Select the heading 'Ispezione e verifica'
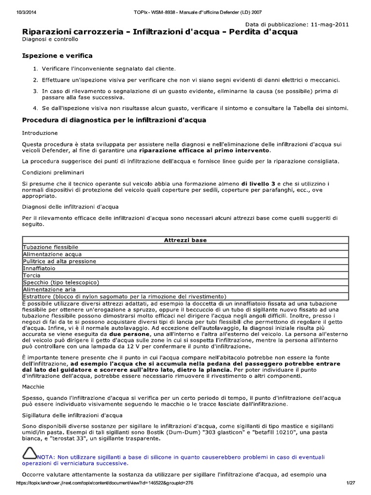pyautogui.click(x=57, y=56)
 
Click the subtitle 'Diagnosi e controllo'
pyautogui.click(x=46, y=40)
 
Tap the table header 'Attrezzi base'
pyautogui.click(x=185, y=240)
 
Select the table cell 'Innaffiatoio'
pyautogui.click(x=39, y=268)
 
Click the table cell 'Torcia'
pyautogui.click(x=31, y=275)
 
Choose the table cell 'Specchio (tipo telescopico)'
pyautogui.click(x=61, y=282)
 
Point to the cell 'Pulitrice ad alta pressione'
pyautogui.click(x=59, y=261)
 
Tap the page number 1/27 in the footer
pyautogui.click(x=350, y=483)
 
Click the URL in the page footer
pyautogui.click(x=105, y=483)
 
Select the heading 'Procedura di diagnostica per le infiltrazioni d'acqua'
pyautogui.click(x=114, y=120)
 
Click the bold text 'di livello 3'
pyautogui.click(x=258, y=184)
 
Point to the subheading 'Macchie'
pyautogui.click(x=33, y=387)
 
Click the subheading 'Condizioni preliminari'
pyautogui.click(x=53, y=172)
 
